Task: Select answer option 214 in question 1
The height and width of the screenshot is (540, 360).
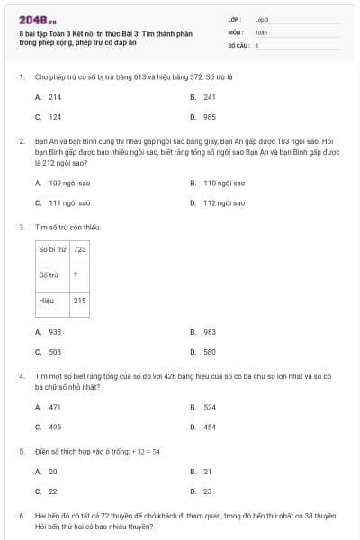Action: pyautogui.click(x=55, y=96)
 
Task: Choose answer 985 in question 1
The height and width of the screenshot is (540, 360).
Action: pyautogui.click(x=209, y=117)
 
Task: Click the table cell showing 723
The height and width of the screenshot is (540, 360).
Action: pyautogui.click(x=80, y=249)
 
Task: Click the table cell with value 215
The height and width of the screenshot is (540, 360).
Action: pyautogui.click(x=80, y=301)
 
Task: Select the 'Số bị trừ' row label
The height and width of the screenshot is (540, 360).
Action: pyautogui.click(x=52, y=249)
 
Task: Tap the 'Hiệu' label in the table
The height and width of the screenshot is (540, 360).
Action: pyautogui.click(x=47, y=301)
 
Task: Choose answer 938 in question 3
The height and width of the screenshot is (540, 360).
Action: pyautogui.click(x=55, y=332)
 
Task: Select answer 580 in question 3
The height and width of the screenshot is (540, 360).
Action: pyautogui.click(x=209, y=353)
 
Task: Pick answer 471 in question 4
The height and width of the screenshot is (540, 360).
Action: pyautogui.click(x=55, y=407)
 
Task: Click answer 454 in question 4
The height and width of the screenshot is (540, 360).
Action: pyautogui.click(x=209, y=427)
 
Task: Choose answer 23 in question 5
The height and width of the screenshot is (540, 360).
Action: pyautogui.click(x=207, y=491)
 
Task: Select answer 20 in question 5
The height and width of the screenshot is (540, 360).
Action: pyautogui.click(x=52, y=471)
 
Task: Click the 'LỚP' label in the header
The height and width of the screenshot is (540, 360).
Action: pyautogui.click(x=236, y=19)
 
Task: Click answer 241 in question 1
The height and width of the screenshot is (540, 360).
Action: pyautogui.click(x=209, y=96)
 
